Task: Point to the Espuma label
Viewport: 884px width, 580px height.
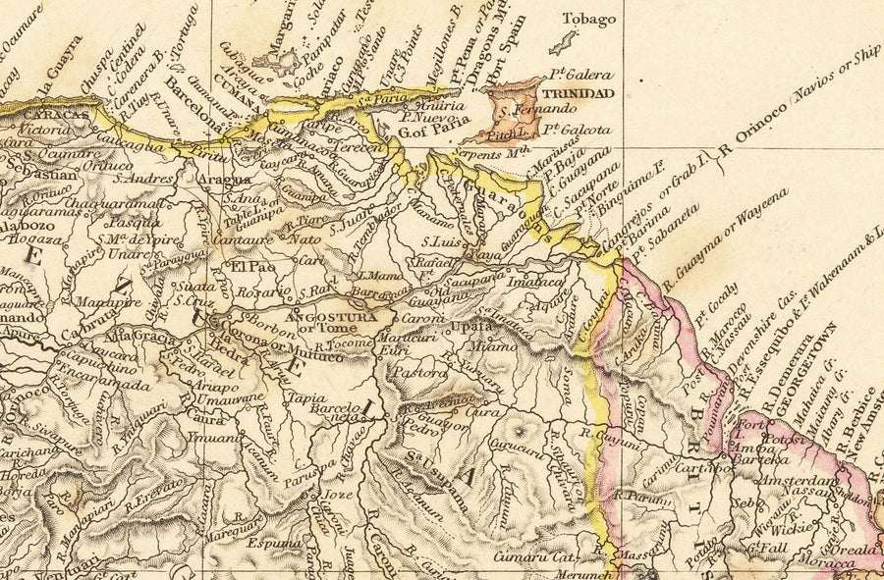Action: click(270, 541)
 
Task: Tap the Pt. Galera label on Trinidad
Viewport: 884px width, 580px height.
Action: click(580, 75)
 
